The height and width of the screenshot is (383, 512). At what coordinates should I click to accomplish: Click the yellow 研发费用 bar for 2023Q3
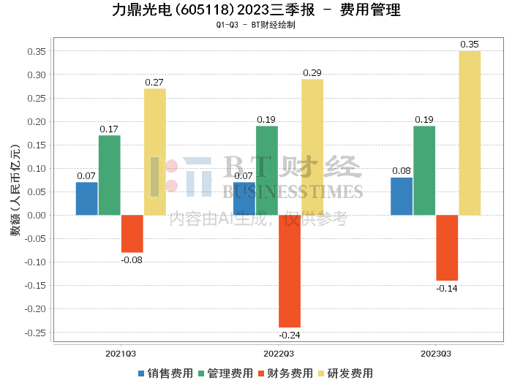(x=470, y=133)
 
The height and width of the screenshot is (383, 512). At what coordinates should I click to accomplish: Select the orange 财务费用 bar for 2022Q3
(x=290, y=270)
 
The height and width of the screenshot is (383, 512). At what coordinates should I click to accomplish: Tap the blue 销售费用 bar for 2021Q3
(x=86, y=199)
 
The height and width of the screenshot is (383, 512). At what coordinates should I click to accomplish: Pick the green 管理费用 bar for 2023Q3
(x=424, y=170)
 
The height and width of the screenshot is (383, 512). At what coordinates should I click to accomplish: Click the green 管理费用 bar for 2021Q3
(x=110, y=175)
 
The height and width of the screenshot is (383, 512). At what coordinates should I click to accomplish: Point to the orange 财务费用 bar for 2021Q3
(x=132, y=233)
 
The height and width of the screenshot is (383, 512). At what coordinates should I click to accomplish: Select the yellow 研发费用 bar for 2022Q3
(x=312, y=147)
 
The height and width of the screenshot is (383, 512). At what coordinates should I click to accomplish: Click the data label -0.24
(x=290, y=335)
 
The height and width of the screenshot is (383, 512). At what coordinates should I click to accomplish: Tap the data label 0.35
(x=470, y=45)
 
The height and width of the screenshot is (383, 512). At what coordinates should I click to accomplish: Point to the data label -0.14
(x=447, y=289)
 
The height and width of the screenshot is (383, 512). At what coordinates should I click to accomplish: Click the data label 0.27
(x=154, y=83)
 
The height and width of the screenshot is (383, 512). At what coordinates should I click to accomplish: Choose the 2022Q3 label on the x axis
(x=279, y=353)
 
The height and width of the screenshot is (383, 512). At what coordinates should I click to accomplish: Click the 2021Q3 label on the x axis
(x=121, y=353)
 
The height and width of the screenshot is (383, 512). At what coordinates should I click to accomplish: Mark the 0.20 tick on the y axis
(x=36, y=121)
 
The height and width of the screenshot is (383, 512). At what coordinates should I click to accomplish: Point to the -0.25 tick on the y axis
(x=34, y=332)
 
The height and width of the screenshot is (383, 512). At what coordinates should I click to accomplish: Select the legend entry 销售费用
(x=165, y=373)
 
